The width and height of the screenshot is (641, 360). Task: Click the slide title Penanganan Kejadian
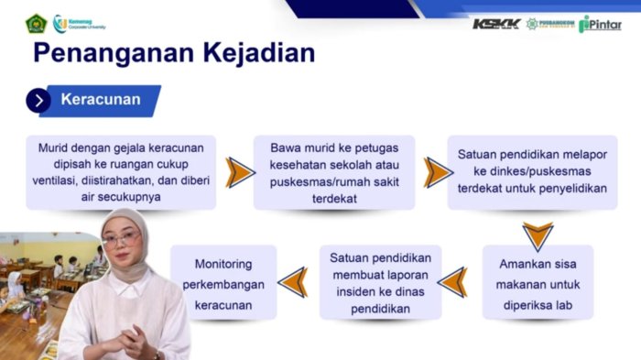(x=174, y=53)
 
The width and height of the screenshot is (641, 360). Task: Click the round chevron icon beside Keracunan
(x=38, y=101)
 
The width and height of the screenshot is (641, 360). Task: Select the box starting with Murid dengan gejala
(x=121, y=172)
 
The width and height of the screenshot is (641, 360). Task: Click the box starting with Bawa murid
(x=334, y=172)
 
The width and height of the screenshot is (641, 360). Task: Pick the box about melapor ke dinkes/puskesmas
(x=532, y=172)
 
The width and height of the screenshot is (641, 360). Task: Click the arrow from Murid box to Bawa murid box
(x=240, y=172)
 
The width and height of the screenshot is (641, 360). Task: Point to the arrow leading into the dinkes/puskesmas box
(x=438, y=172)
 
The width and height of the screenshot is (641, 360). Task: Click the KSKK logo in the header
(x=495, y=24)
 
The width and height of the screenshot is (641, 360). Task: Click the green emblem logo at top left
(x=35, y=23)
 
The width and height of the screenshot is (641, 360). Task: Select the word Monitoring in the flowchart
(x=223, y=264)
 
